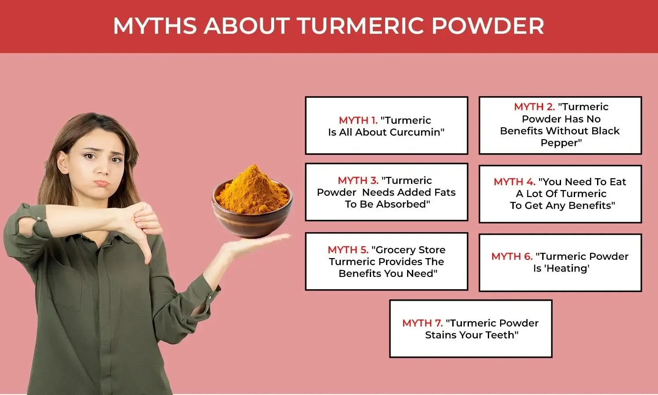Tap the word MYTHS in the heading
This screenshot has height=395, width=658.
(x=154, y=26)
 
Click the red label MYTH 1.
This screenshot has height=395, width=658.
(x=358, y=120)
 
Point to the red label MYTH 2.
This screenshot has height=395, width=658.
(x=534, y=107)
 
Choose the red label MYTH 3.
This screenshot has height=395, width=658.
(x=358, y=180)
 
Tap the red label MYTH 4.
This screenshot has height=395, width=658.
(x=514, y=182)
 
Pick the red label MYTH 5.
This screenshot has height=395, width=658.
(x=348, y=250)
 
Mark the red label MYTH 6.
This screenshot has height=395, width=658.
(x=511, y=256)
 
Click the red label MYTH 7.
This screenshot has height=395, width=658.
(x=422, y=323)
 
